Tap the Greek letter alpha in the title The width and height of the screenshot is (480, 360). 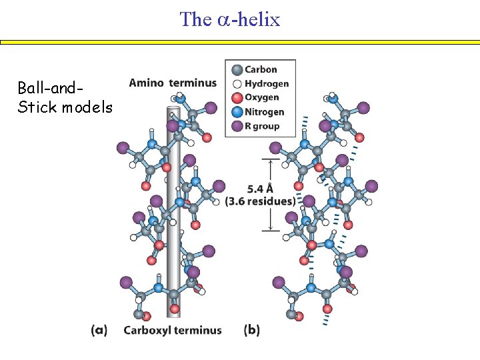(x=223, y=20)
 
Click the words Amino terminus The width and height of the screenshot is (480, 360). (x=173, y=83)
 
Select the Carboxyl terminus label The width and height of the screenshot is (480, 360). (x=173, y=330)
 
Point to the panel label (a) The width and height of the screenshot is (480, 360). (x=99, y=330)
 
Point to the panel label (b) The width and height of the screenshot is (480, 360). (x=252, y=330)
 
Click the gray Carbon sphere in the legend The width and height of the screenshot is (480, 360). (x=237, y=69)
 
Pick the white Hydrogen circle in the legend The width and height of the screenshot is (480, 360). (x=237, y=84)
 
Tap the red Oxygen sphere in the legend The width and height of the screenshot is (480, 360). (x=237, y=98)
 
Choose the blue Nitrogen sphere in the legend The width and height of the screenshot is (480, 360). (x=237, y=112)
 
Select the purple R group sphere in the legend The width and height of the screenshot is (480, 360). (x=237, y=126)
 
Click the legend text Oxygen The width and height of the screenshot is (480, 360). (x=262, y=98)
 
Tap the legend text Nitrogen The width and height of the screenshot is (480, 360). (x=265, y=112)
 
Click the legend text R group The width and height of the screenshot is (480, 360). (x=263, y=126)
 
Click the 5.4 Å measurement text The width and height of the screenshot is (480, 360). (x=259, y=188)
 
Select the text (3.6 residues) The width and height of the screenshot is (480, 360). (x=261, y=201)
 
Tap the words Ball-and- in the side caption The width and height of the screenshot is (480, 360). (x=51, y=88)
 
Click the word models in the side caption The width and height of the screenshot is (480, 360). (x=87, y=107)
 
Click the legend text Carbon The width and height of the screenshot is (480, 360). (x=261, y=69)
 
